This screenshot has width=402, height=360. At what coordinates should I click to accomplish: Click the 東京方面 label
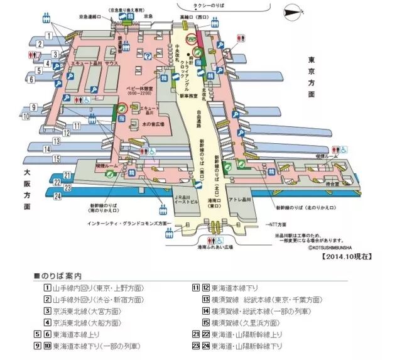click(311, 77)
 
